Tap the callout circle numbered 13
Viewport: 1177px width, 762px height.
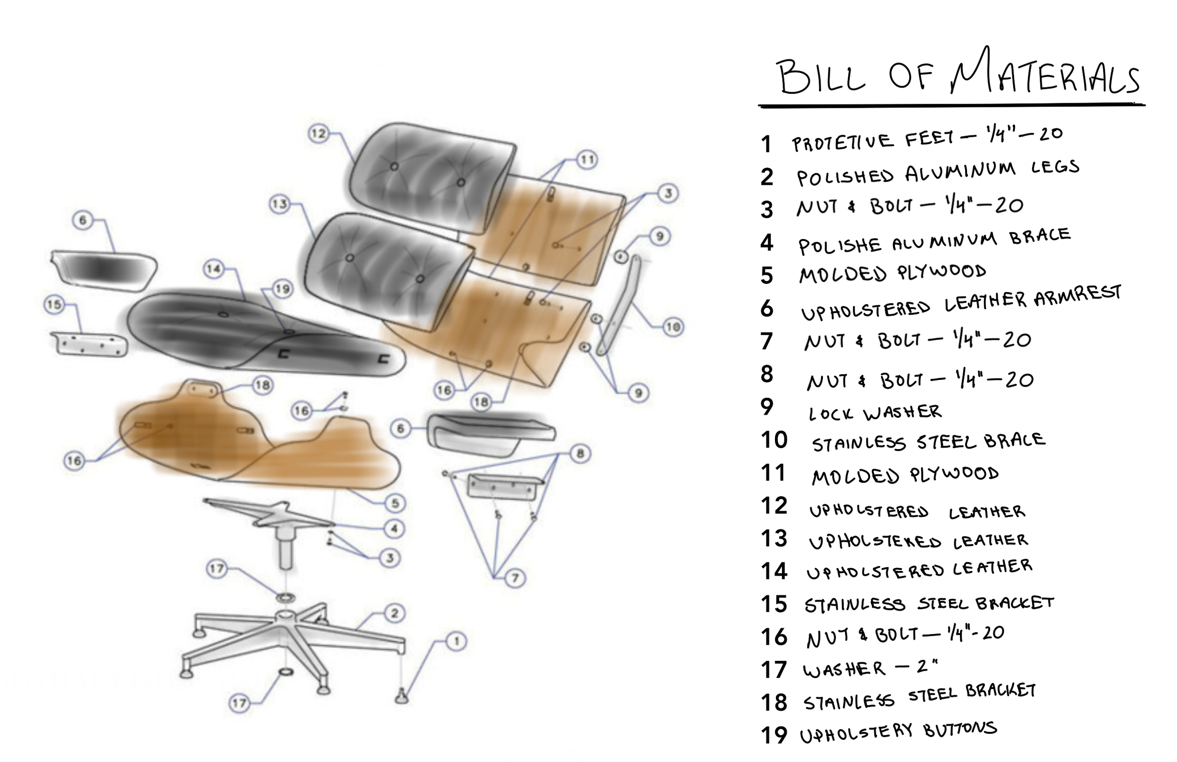pyautogui.click(x=279, y=204)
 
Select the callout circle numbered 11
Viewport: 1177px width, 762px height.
pyautogui.click(x=587, y=160)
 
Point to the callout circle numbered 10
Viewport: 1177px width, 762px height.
pyautogui.click(x=673, y=327)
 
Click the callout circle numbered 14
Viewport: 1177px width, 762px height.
pyautogui.click(x=214, y=269)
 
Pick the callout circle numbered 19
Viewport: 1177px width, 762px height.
pyautogui.click(x=282, y=289)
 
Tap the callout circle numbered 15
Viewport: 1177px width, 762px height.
pyautogui.click(x=55, y=305)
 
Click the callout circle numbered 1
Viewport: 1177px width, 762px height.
pyautogui.click(x=456, y=642)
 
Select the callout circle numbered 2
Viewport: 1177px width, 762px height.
pyautogui.click(x=395, y=614)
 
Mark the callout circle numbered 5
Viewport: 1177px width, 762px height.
pyautogui.click(x=395, y=504)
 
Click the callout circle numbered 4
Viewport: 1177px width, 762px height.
pyautogui.click(x=394, y=529)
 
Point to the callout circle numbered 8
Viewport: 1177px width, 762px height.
pyautogui.click(x=580, y=453)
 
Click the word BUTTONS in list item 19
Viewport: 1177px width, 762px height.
pyautogui.click(x=960, y=730)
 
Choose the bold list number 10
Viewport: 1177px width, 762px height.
pyautogui.click(x=774, y=440)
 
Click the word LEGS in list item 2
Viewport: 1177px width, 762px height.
pyautogui.click(x=1055, y=167)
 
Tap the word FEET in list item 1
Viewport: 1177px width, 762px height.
pyautogui.click(x=929, y=138)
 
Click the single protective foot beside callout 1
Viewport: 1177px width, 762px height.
pyautogui.click(x=402, y=696)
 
